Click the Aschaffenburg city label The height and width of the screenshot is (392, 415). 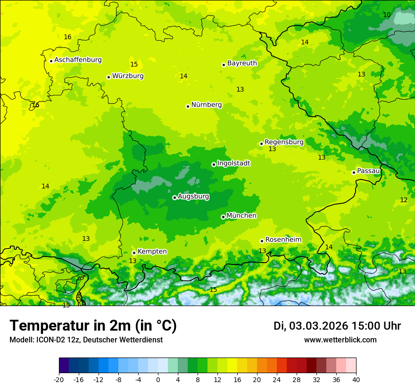tap(78, 60)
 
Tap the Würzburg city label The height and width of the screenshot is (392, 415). tap(128, 76)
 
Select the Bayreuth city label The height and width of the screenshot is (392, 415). tap(242, 63)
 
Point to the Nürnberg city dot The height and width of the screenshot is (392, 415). tap(188, 106)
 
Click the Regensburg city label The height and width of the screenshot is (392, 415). tap(284, 142)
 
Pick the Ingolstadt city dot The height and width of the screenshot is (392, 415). tap(214, 165)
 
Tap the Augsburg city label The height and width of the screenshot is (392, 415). tap(193, 196)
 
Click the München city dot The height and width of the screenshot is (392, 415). tap(223, 217)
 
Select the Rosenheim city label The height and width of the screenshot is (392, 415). tap(283, 240)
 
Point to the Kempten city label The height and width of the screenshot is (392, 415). tap(152, 252)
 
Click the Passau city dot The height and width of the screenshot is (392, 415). tap(354, 172)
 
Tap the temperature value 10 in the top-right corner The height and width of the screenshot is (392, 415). tap(387, 15)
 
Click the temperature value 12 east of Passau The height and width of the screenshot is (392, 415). tap(404, 200)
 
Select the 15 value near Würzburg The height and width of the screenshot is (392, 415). tap(134, 65)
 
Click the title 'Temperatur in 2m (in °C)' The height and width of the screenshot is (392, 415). tap(93, 326)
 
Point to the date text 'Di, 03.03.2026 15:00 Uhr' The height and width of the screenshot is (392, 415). tap(337, 326)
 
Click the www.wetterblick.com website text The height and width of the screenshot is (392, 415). tap(340, 340)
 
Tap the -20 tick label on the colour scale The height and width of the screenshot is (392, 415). tap(59, 380)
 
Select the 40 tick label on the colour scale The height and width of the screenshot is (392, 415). tap(356, 380)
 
